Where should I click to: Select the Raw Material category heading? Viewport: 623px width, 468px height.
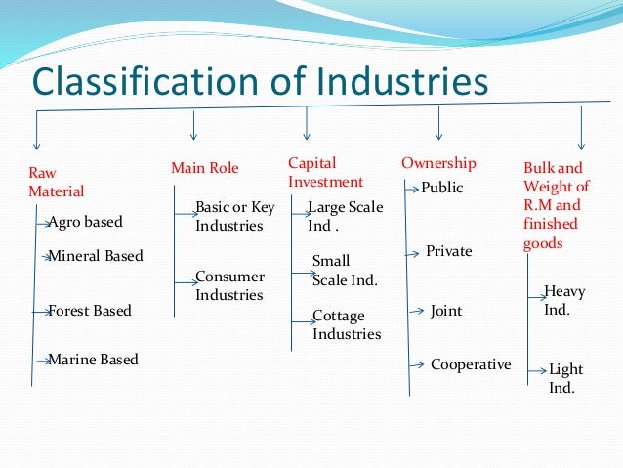[x=56, y=182]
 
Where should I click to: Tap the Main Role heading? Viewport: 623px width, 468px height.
[x=204, y=168]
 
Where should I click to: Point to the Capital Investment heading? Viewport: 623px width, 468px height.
[x=325, y=172]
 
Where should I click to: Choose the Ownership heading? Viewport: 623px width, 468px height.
[x=438, y=163]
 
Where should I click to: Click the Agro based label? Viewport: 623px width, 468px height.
[x=85, y=222]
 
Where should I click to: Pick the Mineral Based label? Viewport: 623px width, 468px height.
[x=95, y=256]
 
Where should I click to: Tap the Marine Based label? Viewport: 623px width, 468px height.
[x=93, y=360]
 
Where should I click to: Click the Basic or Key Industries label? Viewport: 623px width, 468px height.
[x=234, y=217]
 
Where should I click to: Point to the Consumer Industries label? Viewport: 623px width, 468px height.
[x=229, y=285]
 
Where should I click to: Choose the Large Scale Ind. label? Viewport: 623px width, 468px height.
[x=345, y=216]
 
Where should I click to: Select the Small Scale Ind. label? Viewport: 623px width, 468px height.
[x=344, y=270]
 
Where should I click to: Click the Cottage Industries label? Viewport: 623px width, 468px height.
[x=346, y=324]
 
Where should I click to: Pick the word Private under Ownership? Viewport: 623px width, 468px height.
[x=448, y=251]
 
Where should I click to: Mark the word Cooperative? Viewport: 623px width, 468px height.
[x=470, y=364]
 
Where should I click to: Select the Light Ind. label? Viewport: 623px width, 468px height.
[x=564, y=378]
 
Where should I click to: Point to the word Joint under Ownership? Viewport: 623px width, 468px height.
[x=446, y=311]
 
